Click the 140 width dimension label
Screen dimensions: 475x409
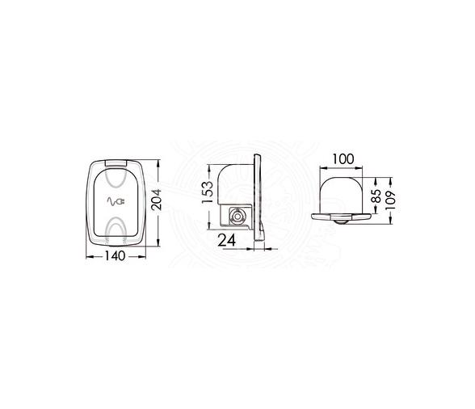coord(115,256)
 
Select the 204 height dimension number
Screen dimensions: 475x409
coord(157,200)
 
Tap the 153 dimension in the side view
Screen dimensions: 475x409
coord(208,192)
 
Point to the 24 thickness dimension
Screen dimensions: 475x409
coord(227,241)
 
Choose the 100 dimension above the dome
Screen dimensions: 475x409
coord(343,159)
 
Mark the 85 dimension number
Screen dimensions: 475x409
coord(376,196)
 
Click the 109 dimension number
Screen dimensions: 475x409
coord(390,200)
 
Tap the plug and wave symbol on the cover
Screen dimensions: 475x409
coord(116,201)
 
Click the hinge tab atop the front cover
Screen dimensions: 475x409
coord(116,162)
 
